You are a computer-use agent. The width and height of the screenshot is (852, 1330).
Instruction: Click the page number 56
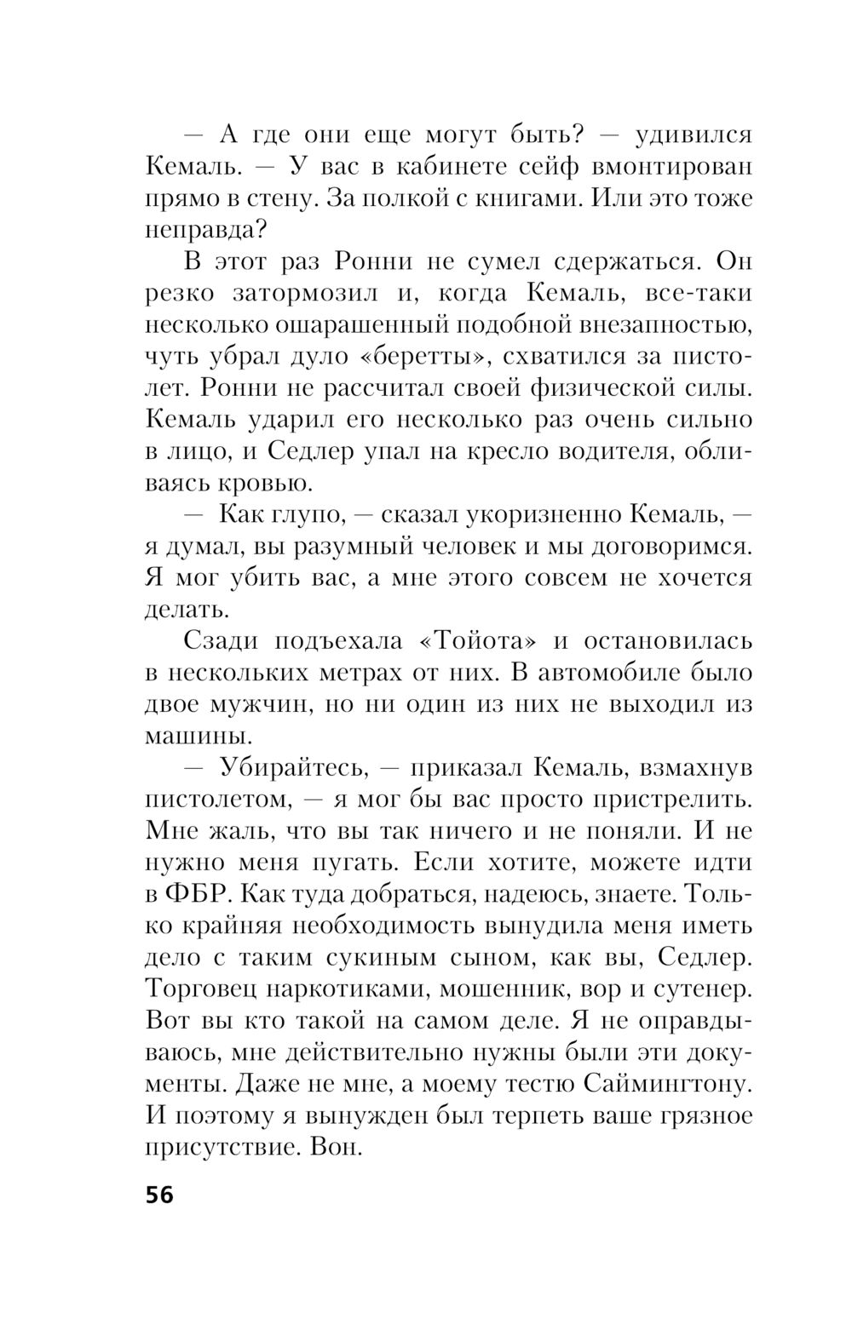coord(159,1195)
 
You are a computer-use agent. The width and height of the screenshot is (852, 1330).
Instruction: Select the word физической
coord(600,387)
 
